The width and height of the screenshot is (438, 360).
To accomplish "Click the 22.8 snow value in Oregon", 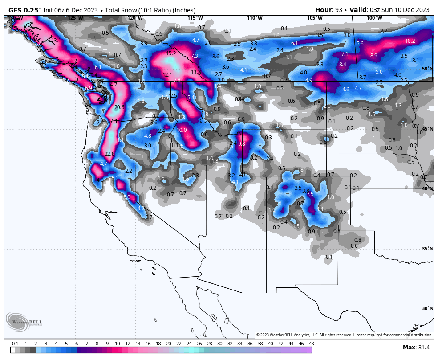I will pyautogui.click(x=109, y=154).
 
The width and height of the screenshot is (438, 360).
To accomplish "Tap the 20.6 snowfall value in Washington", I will pyautogui.click(x=119, y=107).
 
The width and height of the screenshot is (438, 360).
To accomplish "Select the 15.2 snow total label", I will pyautogui.click(x=171, y=53).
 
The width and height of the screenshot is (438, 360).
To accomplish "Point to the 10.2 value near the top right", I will pyautogui.click(x=410, y=41).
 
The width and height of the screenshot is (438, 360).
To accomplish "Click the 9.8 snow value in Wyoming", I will pyautogui.click(x=242, y=144).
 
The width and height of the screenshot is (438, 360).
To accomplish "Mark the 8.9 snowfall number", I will pyautogui.click(x=373, y=56).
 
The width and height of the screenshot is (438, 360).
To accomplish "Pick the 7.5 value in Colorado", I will pyautogui.click(x=310, y=194).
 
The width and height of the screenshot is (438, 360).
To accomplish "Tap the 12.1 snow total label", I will pyautogui.click(x=167, y=75).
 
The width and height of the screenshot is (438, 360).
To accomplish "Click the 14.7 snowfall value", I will pyautogui.click(x=112, y=85).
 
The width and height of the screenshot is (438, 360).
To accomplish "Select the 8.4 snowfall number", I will pyautogui.click(x=342, y=65).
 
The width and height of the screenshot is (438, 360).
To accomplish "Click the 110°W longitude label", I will pyautogui.click(x=255, y=18).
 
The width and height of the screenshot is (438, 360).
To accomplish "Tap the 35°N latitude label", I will pyautogui.click(x=427, y=249).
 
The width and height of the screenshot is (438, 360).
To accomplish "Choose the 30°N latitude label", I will pyautogui.click(x=427, y=308).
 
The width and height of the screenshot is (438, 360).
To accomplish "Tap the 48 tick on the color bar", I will pyautogui.click(x=311, y=344).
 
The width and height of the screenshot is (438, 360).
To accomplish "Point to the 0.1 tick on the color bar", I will pyautogui.click(x=15, y=344).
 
